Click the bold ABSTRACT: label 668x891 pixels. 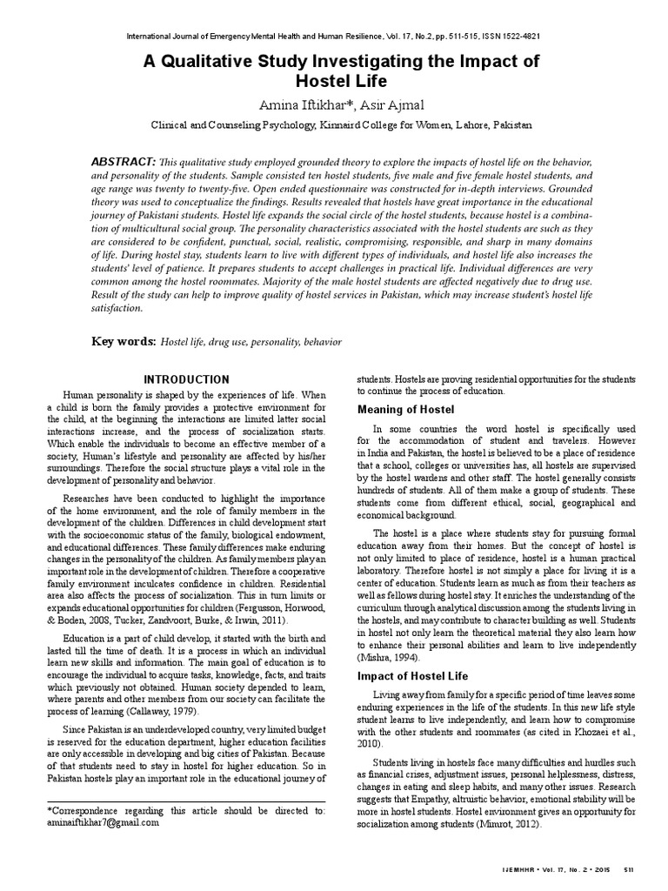[124, 163]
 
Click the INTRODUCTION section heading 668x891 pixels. [186, 379]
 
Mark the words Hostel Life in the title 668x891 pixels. [333, 82]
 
